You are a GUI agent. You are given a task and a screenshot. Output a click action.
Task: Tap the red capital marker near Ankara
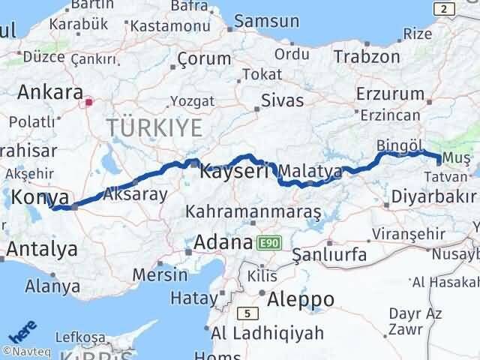(88, 102)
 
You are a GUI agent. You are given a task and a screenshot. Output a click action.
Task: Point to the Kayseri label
(234, 172)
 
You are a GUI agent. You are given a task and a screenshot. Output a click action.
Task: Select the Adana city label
(222, 243)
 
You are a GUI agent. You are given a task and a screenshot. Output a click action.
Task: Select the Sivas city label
(282, 100)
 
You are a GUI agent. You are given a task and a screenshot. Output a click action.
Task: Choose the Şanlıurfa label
(330, 254)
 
